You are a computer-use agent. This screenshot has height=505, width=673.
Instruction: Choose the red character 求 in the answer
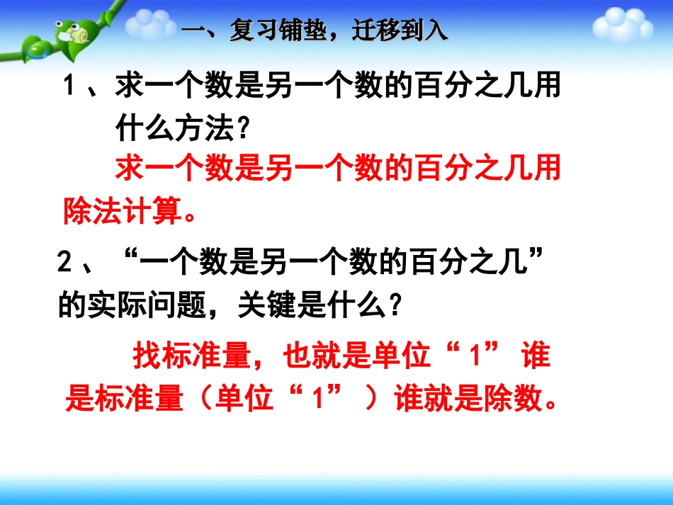pyautogui.click(x=130, y=169)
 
